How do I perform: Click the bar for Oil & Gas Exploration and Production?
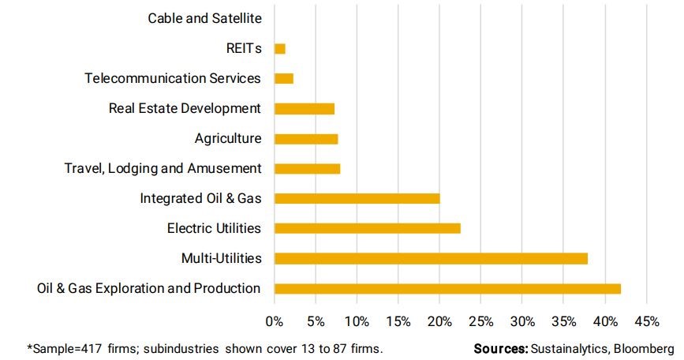pos(447,288)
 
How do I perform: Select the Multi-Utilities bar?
pos(431,258)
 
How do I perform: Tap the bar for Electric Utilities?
pos(367,228)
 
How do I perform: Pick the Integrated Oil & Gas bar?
pos(357,198)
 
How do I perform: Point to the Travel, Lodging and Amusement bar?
pos(307,168)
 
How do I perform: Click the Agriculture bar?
pos(306,139)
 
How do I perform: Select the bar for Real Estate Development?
pos(305,108)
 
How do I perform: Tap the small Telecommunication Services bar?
pos(284,78)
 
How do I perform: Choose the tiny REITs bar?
pos(279,49)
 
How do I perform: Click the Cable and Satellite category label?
pos(204,17)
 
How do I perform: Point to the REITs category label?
pos(243,48)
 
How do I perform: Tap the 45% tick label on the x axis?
pos(646,321)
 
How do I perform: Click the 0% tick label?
pos(274,321)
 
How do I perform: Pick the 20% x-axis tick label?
pos(439,321)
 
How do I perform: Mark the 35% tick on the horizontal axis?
pos(563,321)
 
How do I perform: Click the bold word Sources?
pos(501,348)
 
